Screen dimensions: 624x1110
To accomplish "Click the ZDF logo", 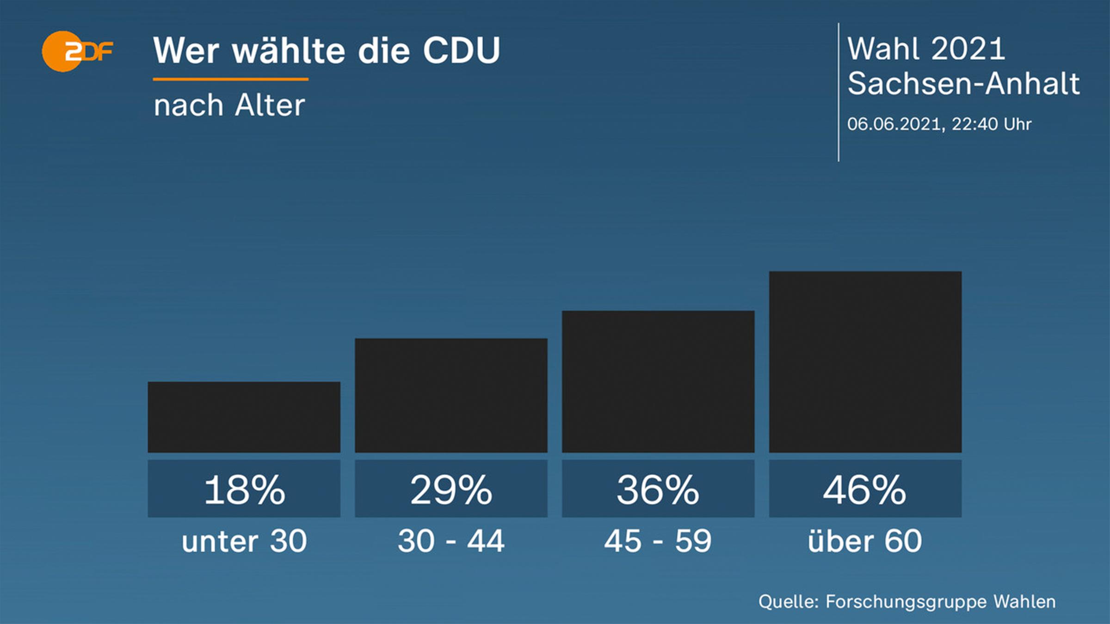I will pyautogui.click(x=77, y=51).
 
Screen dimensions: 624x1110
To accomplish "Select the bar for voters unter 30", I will pyautogui.click(x=244, y=417).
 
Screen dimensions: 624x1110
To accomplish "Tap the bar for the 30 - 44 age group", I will pyautogui.click(x=451, y=395).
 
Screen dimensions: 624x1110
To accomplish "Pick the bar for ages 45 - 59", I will pyautogui.click(x=658, y=381).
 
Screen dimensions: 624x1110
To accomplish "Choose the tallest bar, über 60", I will pyautogui.click(x=865, y=361).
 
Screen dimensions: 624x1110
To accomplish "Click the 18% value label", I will pyautogui.click(x=244, y=489).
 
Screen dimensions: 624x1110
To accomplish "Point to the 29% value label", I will pyautogui.click(x=451, y=489).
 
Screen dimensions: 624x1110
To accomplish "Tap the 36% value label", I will pyautogui.click(x=658, y=489).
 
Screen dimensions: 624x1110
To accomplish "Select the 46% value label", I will pyautogui.click(x=865, y=489).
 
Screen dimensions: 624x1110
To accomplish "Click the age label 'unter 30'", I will pyautogui.click(x=244, y=541).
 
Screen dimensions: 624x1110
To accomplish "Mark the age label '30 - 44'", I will pyautogui.click(x=451, y=541).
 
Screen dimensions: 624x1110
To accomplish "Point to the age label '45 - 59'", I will pyautogui.click(x=658, y=541).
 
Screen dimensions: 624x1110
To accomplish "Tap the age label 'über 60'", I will pyautogui.click(x=865, y=541).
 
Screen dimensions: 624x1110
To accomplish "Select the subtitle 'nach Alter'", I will pyautogui.click(x=229, y=105).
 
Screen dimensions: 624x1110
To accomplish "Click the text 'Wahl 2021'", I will pyautogui.click(x=926, y=49).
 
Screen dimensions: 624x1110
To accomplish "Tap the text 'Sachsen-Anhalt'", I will pyautogui.click(x=963, y=84).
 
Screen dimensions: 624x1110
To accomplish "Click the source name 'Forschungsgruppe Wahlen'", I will pyautogui.click(x=940, y=602).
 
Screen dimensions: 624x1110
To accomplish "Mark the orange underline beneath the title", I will pyautogui.click(x=230, y=80).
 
